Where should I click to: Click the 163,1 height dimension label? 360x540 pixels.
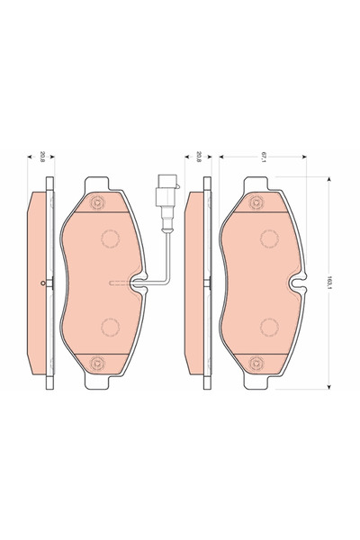(329, 283)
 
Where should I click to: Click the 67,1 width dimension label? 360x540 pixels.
(264, 157)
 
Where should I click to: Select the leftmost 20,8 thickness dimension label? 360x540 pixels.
(42, 157)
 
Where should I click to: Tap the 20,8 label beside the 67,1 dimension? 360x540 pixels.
(198, 157)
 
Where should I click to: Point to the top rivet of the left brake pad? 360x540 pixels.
(98, 202)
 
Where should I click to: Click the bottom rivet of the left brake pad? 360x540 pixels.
(98, 363)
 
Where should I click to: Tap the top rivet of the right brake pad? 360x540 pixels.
(256, 202)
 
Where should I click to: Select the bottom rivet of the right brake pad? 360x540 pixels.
(256, 363)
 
